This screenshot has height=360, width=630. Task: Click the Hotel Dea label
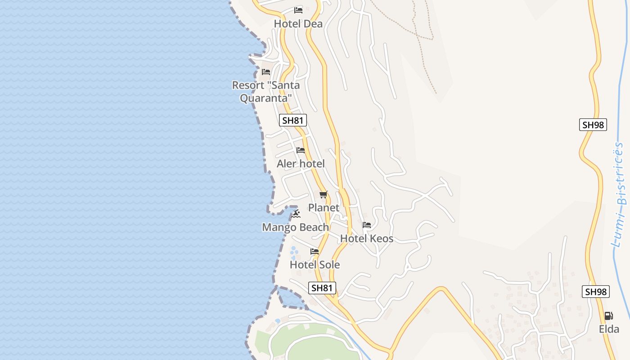(x=298, y=24)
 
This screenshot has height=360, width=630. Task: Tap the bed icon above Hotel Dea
(x=298, y=10)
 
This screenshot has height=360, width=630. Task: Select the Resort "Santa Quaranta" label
(x=265, y=91)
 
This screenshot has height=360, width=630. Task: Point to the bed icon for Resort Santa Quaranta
(x=266, y=72)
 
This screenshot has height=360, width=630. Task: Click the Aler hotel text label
(x=301, y=164)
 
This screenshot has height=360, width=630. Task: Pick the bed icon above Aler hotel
(x=301, y=150)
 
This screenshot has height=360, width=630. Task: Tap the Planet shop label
(x=324, y=208)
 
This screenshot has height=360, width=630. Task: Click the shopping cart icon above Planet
(x=324, y=195)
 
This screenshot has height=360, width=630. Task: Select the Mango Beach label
(x=295, y=227)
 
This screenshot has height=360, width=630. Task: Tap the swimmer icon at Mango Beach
(x=296, y=213)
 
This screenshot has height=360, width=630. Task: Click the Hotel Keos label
(x=367, y=238)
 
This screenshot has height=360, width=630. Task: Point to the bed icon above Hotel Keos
(x=367, y=225)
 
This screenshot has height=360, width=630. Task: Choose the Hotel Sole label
(x=315, y=265)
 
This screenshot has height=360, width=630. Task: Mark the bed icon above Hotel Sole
(x=315, y=252)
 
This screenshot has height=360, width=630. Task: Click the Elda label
(x=609, y=329)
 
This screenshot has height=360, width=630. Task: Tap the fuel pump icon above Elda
(x=609, y=316)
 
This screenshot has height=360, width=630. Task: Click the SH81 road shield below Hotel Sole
(x=322, y=288)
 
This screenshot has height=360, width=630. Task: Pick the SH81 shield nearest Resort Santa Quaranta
(x=293, y=120)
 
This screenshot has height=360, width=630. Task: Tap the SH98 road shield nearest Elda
(x=596, y=292)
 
